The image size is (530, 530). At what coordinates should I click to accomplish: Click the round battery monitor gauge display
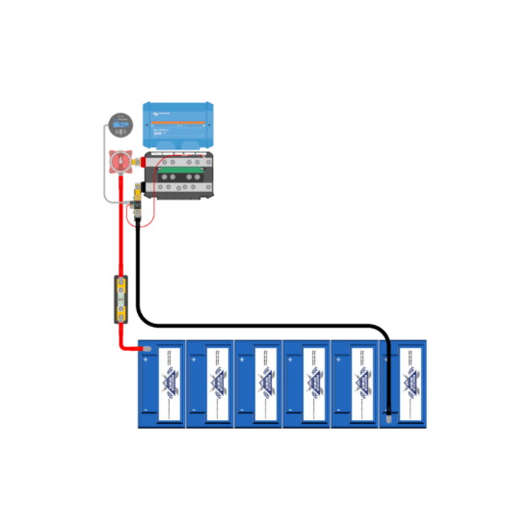coord(119,124)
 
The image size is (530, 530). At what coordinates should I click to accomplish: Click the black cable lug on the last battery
coord(387,416)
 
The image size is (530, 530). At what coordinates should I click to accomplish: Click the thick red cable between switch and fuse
coord(121,241)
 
